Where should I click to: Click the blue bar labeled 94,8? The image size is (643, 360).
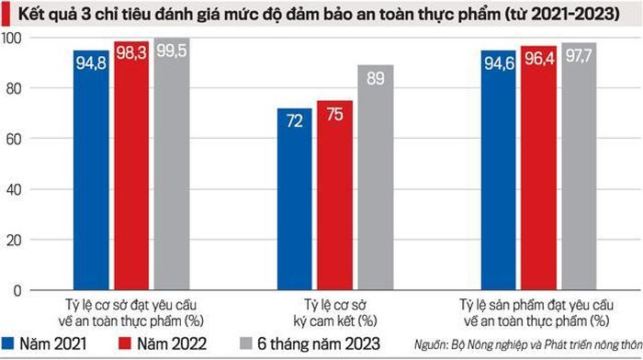(92, 170)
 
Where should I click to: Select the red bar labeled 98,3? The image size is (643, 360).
(131, 165)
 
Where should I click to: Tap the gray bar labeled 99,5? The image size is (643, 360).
(172, 164)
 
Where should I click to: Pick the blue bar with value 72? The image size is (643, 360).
(295, 199)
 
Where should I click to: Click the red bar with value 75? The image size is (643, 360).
(334, 196)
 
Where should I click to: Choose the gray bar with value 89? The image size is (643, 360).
(375, 177)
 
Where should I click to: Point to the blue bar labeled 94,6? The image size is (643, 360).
(498, 170)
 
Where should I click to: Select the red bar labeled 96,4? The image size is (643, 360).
(538, 168)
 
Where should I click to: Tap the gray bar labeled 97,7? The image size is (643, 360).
(579, 166)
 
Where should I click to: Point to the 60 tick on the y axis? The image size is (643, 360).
(13, 139)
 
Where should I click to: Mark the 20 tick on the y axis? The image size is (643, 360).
(13, 241)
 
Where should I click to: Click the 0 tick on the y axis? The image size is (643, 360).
(17, 291)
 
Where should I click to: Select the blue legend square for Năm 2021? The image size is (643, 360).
(7, 343)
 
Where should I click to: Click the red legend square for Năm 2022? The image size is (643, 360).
(125, 343)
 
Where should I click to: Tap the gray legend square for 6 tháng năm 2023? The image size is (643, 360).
(245, 343)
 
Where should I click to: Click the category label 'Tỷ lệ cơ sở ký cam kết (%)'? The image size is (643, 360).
(335, 313)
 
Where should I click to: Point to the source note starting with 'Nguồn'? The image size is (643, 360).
(528, 344)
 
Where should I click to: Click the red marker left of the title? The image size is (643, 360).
(6, 15)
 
